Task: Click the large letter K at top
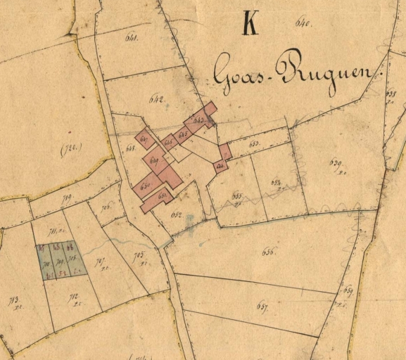(x=250, y=22)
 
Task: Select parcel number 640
(x=304, y=25)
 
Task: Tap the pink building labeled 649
(x=154, y=160)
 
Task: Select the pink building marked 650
(x=146, y=187)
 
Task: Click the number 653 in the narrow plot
(x=254, y=144)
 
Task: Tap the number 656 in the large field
(x=268, y=251)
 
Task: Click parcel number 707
(x=101, y=263)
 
